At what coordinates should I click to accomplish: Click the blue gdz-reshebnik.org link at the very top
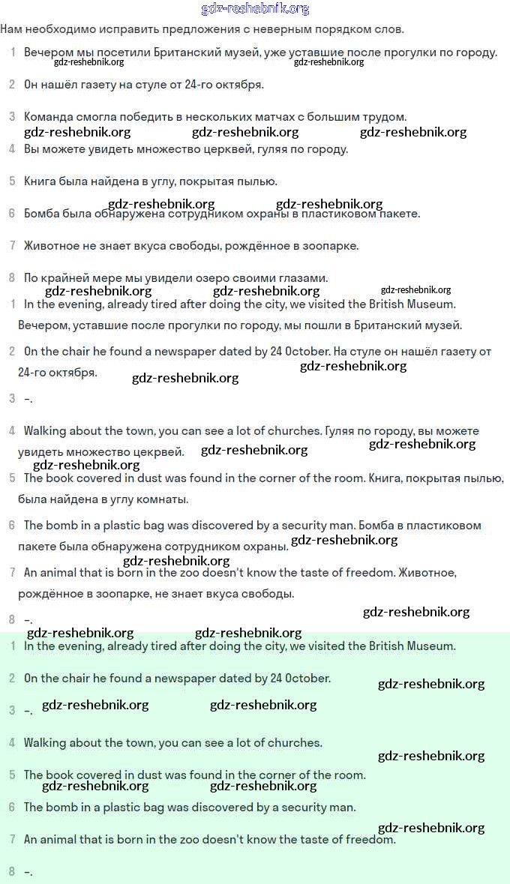[255, 9]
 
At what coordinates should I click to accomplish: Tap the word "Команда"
[47, 117]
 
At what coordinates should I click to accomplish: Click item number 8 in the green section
[11, 871]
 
